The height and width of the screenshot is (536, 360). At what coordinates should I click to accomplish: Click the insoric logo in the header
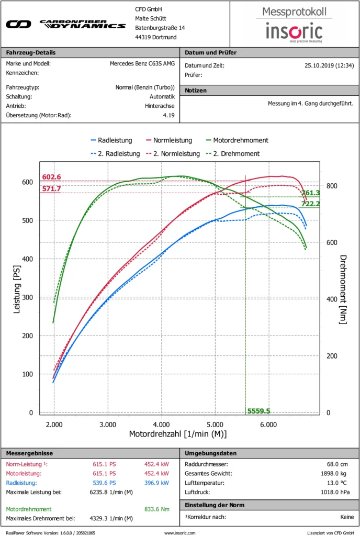[294, 30]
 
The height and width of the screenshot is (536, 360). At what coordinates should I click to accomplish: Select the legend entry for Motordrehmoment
[237, 140]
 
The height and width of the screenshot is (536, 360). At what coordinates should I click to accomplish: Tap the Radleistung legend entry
[111, 140]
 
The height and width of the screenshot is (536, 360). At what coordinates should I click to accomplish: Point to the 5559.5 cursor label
[258, 411]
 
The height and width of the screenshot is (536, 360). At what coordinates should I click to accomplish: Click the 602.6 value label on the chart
[52, 177]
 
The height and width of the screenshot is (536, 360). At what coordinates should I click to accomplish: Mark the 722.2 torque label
[311, 203]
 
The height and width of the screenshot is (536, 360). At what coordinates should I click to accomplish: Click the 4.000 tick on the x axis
[161, 424]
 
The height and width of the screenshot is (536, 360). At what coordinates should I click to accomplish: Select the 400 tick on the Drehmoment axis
[331, 299]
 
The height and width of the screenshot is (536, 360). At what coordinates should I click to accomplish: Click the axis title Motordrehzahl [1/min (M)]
[178, 434]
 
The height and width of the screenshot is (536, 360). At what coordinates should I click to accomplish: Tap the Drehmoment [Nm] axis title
[343, 289]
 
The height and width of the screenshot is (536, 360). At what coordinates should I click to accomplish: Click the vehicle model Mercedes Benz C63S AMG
[142, 64]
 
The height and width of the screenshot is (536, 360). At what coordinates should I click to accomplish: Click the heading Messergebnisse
[29, 453]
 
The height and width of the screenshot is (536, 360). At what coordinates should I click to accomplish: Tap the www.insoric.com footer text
[179, 532]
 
